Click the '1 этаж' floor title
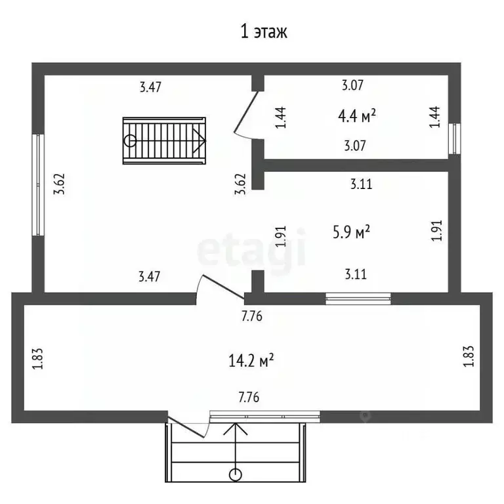tap(264, 31)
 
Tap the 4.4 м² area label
tap(357, 115)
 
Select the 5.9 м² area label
tap(351, 232)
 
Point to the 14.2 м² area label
tap(251, 361)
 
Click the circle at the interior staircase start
tap(130, 141)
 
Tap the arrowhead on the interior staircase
tap(199, 141)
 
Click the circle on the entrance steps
tap(236, 474)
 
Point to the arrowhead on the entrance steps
tap(236, 429)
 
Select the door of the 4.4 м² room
tap(247, 112)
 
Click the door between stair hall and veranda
tap(222, 286)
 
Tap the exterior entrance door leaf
tap(186, 427)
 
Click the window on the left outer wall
tap(38, 185)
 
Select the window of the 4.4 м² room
tap(455, 138)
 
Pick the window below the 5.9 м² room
tap(358, 299)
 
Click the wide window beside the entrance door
tap(265, 416)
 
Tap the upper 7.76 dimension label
tap(252, 316)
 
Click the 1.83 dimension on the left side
tap(38, 358)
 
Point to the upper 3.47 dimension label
tap(150, 87)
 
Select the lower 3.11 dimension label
tap(356, 274)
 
